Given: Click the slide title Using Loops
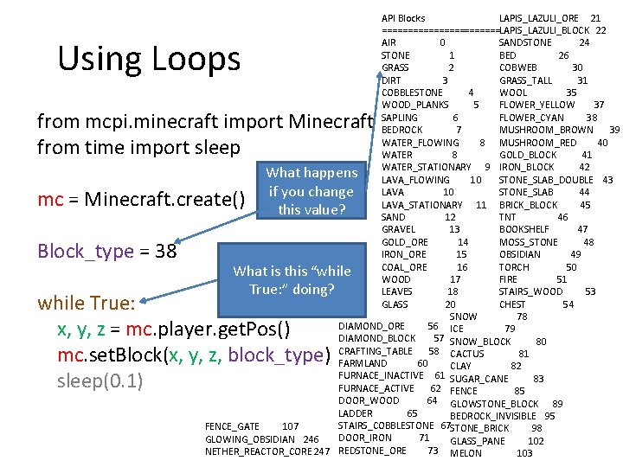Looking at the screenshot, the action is click(x=149, y=59).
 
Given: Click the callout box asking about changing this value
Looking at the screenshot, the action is click(x=311, y=191).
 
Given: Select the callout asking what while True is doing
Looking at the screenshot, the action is click(x=292, y=279).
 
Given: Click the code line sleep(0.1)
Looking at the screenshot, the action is click(x=100, y=381).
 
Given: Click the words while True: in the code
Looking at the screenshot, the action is click(x=85, y=304).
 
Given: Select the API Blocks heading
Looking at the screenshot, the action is click(x=403, y=18).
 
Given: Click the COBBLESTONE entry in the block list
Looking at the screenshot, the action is click(x=412, y=93).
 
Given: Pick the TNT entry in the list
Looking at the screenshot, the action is click(x=508, y=217).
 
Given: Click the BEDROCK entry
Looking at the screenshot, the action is click(x=401, y=130).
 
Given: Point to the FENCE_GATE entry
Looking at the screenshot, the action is click(x=233, y=426).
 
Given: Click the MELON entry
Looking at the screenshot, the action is click(x=466, y=453).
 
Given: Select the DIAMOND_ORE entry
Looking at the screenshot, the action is click(x=371, y=326).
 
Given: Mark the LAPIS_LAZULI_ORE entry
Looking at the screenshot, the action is click(x=539, y=18).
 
